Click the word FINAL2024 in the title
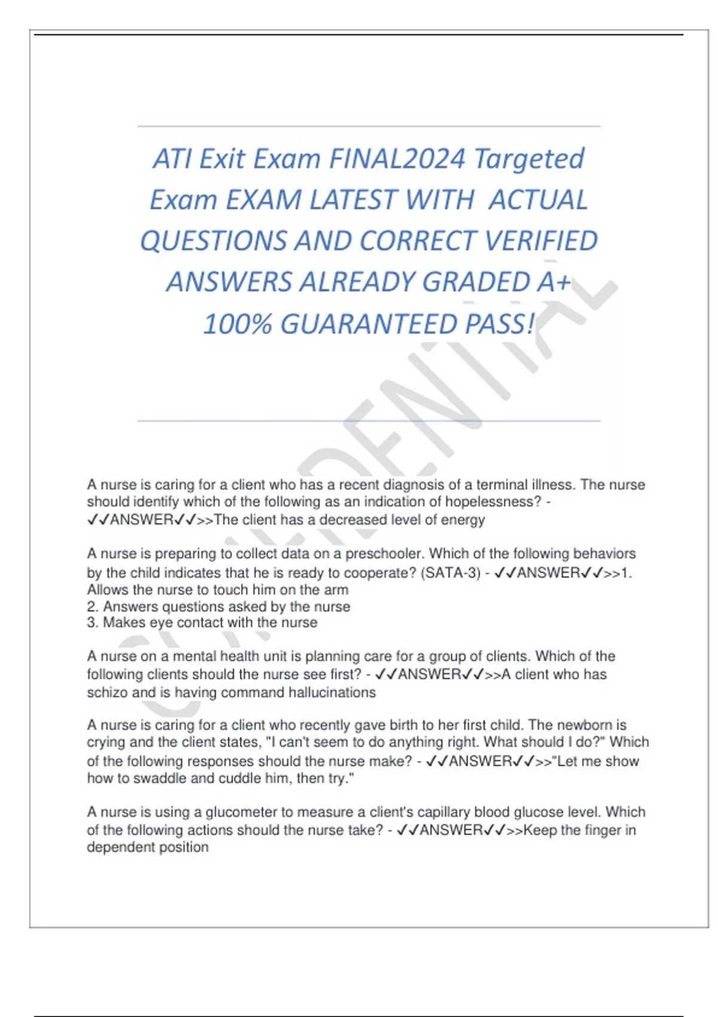397,159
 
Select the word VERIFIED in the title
541,241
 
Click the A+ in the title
553,282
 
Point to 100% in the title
238,324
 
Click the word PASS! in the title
500,324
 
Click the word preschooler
383,554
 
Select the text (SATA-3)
451,573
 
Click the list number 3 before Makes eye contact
92,623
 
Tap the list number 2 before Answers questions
92,607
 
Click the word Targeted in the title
529,159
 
